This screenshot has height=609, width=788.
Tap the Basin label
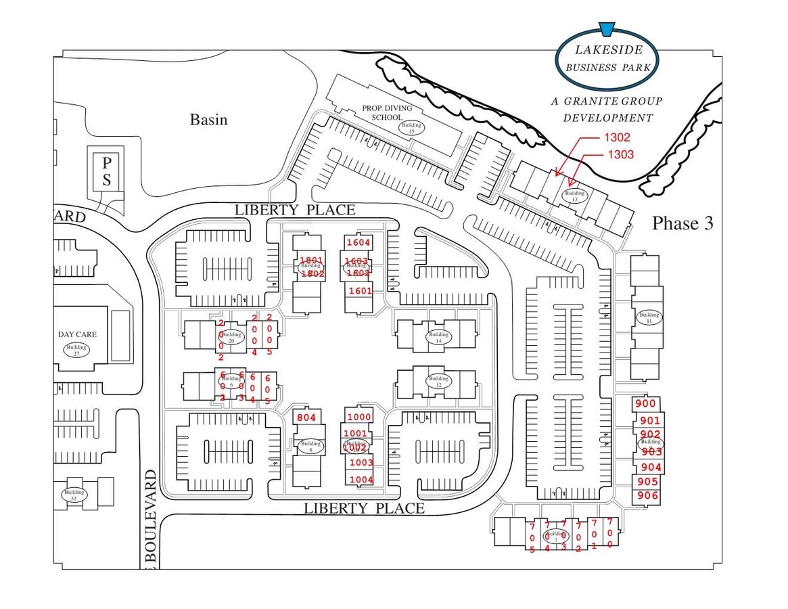(208, 120)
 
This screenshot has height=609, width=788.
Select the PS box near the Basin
(106, 171)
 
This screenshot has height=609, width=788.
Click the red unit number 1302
(616, 137)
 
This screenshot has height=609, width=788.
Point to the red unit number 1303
(620, 154)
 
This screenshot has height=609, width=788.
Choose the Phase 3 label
(682, 223)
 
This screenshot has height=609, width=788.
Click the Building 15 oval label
(411, 127)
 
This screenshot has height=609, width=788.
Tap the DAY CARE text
(77, 334)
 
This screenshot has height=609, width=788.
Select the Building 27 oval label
(76, 349)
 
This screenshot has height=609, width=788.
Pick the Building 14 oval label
(438, 336)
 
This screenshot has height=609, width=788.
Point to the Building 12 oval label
(438, 381)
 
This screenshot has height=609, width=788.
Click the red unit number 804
(306, 418)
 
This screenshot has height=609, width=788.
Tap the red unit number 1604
(358, 242)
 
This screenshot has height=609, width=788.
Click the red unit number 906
(647, 496)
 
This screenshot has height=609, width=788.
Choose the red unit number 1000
(358, 417)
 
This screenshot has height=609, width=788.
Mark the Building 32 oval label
(74, 495)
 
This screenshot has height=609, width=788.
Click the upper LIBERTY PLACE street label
(294, 210)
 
